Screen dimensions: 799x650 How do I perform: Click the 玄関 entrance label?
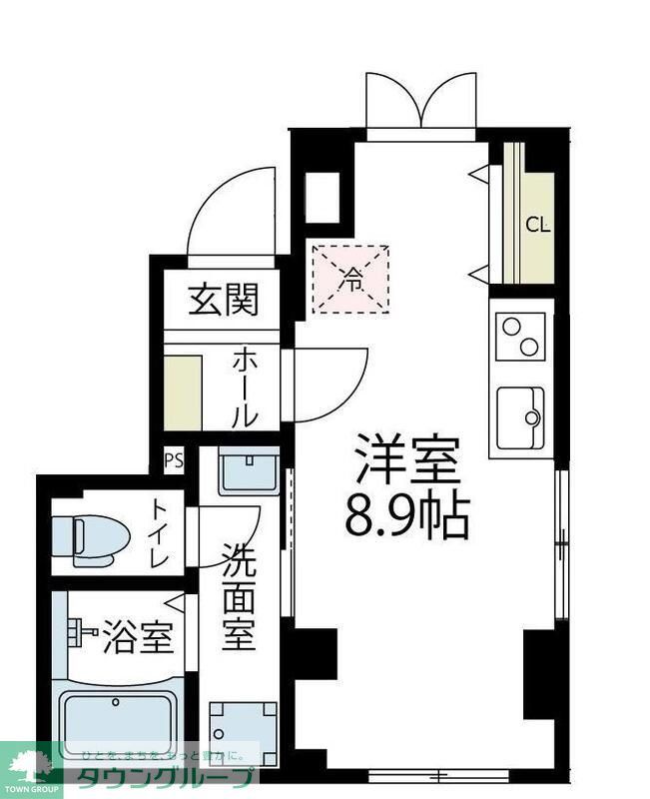tap(225, 299)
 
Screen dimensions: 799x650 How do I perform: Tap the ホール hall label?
tap(247, 389)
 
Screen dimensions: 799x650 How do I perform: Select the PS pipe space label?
tap(174, 460)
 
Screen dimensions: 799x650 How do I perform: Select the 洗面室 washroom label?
tap(239, 597)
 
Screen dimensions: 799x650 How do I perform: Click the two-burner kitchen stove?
tap(521, 337)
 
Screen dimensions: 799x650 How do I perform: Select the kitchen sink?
tap(521, 418)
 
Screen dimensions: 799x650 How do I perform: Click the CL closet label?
tap(538, 225)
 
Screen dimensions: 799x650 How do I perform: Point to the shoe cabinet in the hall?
tap(183, 387)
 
